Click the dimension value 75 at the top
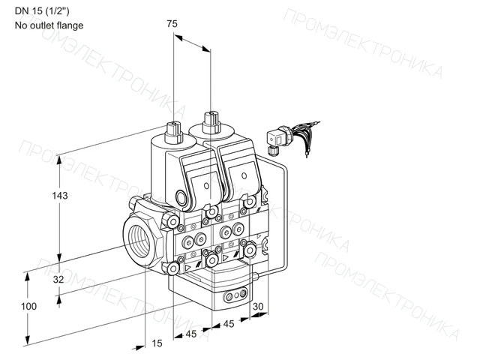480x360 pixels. [x=172, y=23]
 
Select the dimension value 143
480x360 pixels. [x=60, y=196]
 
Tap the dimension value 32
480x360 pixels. [x=58, y=279]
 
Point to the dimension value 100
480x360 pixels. [x=28, y=306]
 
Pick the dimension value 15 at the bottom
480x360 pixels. [x=157, y=343]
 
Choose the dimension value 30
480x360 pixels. [x=258, y=306]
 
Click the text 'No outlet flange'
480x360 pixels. [x=49, y=25]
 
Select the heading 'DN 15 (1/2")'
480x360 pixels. [x=42, y=11]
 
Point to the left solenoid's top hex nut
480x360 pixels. [x=174, y=132]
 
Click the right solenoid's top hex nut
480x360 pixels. [x=211, y=122]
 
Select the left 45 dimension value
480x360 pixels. [x=191, y=334]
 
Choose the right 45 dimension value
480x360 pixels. [x=229, y=323]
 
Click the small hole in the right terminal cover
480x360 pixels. [x=244, y=175]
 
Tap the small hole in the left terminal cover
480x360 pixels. [x=206, y=186]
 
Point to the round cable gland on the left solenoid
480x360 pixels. [x=181, y=197]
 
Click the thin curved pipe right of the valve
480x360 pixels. [x=286, y=214]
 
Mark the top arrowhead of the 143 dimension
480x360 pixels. [x=59, y=160]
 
